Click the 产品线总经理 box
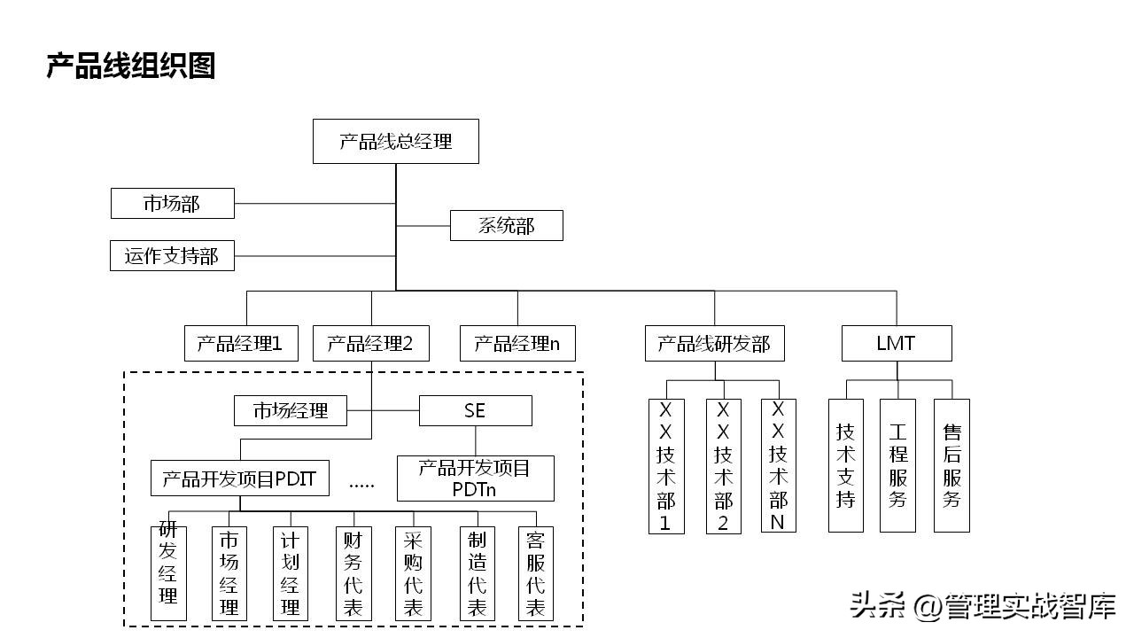tap(395, 142)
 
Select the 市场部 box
tap(173, 204)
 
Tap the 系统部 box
tap(506, 226)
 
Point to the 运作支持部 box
tap(172, 256)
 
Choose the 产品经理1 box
tap(240, 344)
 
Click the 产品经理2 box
tap(370, 344)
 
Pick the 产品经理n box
tap(517, 344)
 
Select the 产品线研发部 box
tap(714, 344)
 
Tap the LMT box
tap(896, 344)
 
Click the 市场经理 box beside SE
tap(291, 411)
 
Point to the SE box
tap(475, 411)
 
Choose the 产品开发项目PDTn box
tap(475, 478)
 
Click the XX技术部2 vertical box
tap(723, 466)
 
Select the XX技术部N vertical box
tap(778, 465)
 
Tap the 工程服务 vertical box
tap(897, 465)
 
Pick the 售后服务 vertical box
tap(951, 465)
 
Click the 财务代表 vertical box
tap(352, 573)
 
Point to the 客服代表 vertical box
tap(535, 573)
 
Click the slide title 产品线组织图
tap(131, 66)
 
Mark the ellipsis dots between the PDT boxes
tap(362, 485)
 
